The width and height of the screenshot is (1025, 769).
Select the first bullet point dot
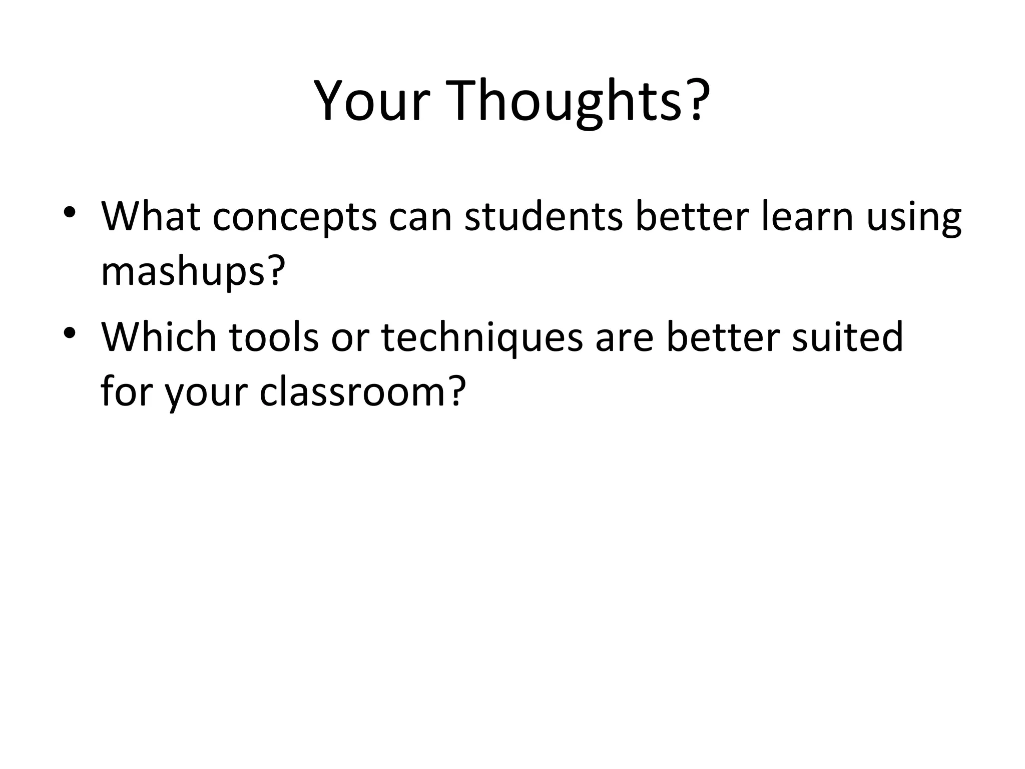pyautogui.click(x=70, y=211)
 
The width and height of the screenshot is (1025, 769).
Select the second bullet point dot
pyautogui.click(x=70, y=332)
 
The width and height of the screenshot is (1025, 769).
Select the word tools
pyautogui.click(x=274, y=336)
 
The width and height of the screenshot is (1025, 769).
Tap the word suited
pyautogui.click(x=847, y=336)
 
